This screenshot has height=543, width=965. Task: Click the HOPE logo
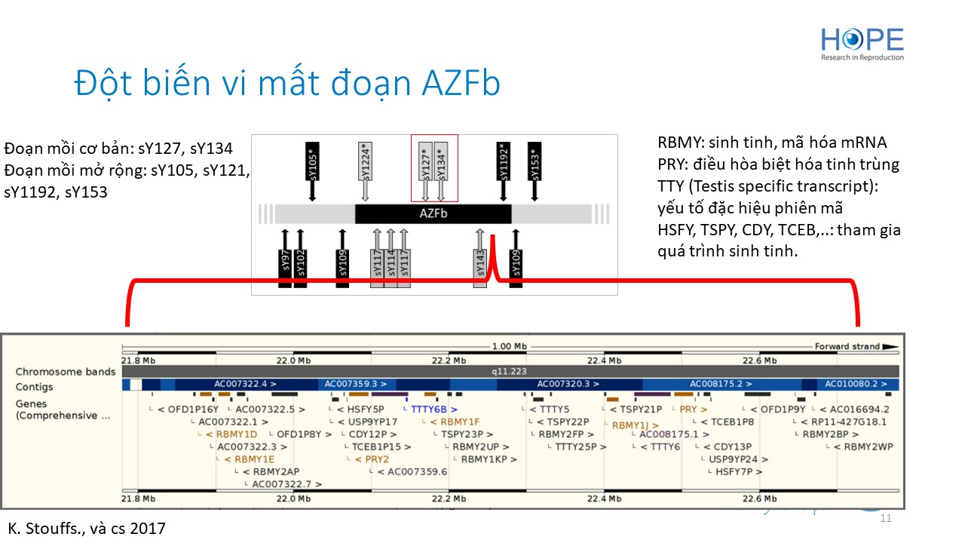tap(862, 44)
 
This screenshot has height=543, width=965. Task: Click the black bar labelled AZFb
tap(433, 213)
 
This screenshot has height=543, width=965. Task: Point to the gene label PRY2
tap(372, 459)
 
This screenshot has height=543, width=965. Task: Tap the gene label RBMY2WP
tap(867, 446)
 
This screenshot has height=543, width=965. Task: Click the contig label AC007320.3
tap(568, 384)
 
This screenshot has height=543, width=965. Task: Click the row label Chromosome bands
tap(66, 372)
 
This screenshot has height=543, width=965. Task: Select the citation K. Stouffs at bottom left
tap(87, 528)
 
